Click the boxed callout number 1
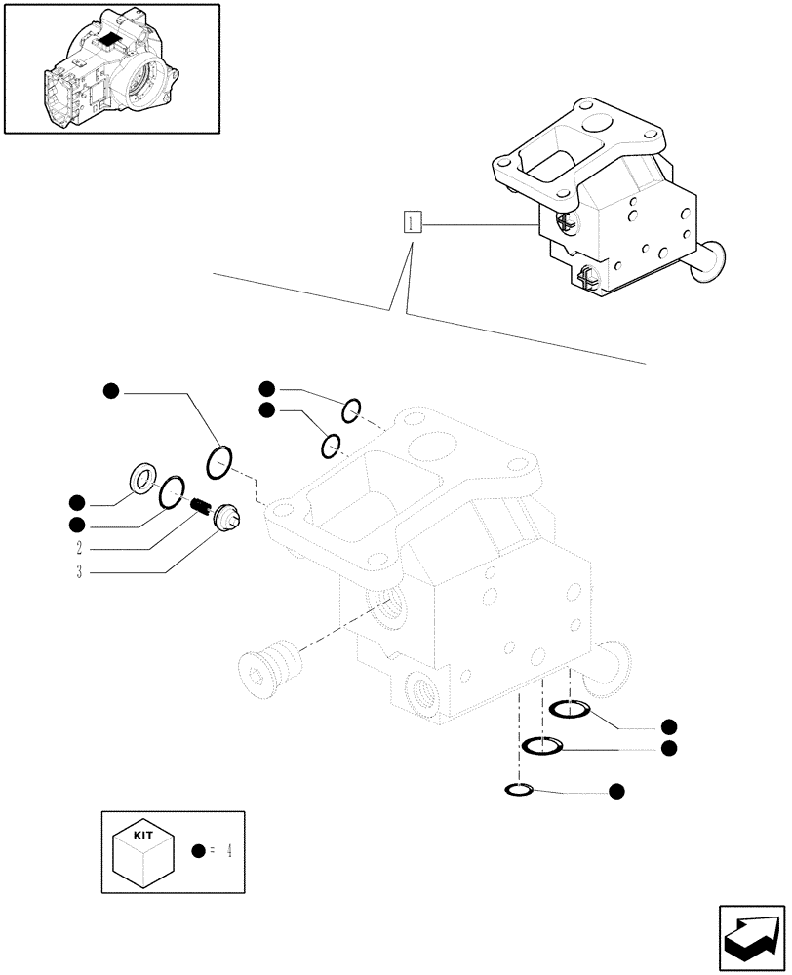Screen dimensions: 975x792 [x=413, y=223]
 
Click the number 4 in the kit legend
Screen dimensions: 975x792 [x=228, y=850]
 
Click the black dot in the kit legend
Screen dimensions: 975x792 [x=199, y=851]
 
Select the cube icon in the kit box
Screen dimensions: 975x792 [x=145, y=857]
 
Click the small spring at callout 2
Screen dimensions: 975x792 [x=202, y=505]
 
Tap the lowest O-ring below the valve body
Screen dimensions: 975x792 [x=519, y=789]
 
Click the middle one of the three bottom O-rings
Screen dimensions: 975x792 [x=542, y=747]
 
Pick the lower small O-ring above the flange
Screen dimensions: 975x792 [x=332, y=447]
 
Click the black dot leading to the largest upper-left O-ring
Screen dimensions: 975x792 [x=111, y=392]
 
